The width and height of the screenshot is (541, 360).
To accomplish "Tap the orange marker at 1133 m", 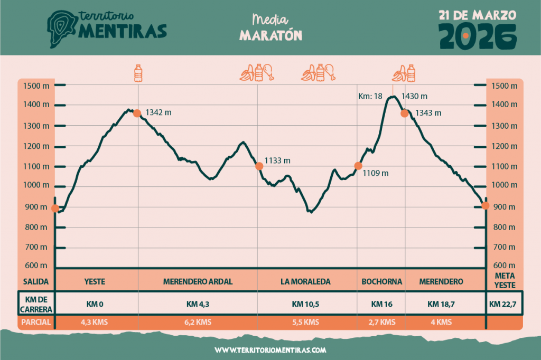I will [259, 166].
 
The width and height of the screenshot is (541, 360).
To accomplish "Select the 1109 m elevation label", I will [376, 173].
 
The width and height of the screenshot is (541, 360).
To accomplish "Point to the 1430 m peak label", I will [414, 97].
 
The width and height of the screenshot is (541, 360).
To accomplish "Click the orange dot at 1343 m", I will [405, 113].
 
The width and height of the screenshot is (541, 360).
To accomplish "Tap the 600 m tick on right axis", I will [503, 266].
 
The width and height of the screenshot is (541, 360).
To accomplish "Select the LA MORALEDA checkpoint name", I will [305, 282].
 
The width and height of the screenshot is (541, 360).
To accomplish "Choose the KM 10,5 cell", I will [305, 304].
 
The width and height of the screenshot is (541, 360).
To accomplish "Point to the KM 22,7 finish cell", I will [503, 304].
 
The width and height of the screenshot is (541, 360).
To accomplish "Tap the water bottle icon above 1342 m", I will [138, 73].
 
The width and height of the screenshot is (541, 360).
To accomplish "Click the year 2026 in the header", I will [478, 36].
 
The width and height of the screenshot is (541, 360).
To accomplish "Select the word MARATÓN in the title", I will [270, 35].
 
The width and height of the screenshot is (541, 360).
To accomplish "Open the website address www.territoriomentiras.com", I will [270, 350].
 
